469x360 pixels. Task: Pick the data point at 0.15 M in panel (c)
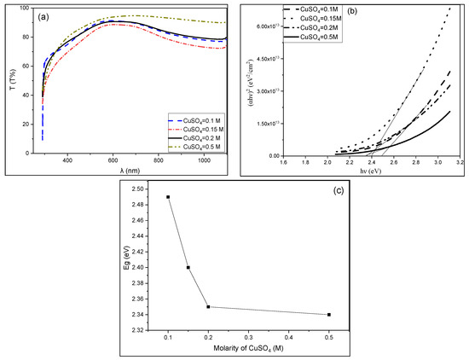pos(188,268)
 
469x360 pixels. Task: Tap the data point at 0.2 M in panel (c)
pos(209,307)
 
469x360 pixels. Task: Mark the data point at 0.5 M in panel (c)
pos(329,315)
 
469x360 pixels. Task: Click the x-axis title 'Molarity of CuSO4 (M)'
pos(247,351)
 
